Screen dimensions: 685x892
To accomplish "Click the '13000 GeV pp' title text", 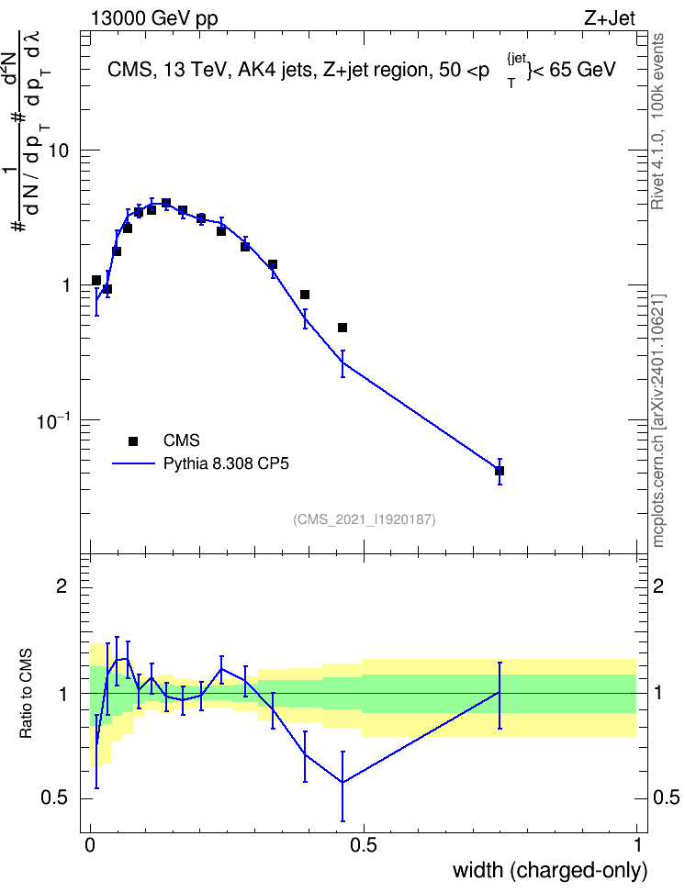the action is pos(153,18).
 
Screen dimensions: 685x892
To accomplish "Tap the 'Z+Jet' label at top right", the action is pos(610,18).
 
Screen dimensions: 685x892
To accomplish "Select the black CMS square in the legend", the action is pos(133,440).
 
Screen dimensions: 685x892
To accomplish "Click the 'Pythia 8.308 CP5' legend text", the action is pos(226,464).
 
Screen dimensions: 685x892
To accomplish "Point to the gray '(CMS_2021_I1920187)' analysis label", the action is pos(365,519).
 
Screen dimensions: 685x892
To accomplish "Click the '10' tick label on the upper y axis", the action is pos(59,151).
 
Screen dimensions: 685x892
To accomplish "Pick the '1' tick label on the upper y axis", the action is pos(65,285).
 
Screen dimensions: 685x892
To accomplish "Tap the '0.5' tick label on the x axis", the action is pos(364,845).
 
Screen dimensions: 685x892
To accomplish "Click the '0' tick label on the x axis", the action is pos(90,845).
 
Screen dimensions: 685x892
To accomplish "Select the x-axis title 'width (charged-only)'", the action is pos(550,870).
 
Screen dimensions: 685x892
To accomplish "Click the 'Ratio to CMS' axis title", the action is pos(26,694).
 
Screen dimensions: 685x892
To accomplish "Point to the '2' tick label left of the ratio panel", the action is pos(62,585).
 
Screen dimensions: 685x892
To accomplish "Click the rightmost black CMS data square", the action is pos(500,471).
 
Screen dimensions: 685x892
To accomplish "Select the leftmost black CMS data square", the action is pos(96,281).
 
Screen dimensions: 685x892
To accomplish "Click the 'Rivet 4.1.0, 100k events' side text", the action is pos(657,121).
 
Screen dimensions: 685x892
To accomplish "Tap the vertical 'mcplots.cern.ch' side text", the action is pos(658,485).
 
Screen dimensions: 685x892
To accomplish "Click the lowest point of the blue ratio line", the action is pos(342,782).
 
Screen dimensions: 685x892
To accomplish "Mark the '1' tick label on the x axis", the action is pos(637,845).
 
